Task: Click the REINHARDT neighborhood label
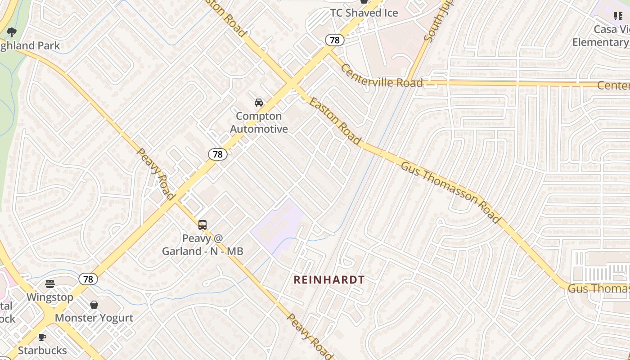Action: [329, 280]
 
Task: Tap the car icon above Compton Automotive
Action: [259, 103]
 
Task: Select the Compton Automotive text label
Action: [259, 122]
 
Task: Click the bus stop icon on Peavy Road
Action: [202, 225]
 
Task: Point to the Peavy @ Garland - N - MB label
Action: [202, 244]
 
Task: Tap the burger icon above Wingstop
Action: [50, 284]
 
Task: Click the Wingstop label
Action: [50, 297]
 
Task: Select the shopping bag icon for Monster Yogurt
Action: [94, 305]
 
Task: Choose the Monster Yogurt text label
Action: [94, 318]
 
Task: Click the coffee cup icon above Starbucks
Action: [42, 337]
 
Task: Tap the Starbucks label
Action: [42, 350]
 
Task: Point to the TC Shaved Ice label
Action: [364, 13]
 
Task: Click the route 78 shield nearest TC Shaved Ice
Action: [335, 40]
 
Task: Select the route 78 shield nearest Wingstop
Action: [88, 279]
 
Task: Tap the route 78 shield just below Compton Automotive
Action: [218, 154]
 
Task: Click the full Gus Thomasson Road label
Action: [450, 192]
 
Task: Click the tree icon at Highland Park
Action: [12, 32]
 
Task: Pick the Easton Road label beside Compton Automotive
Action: [335, 121]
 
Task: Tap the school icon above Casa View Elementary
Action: [618, 17]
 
